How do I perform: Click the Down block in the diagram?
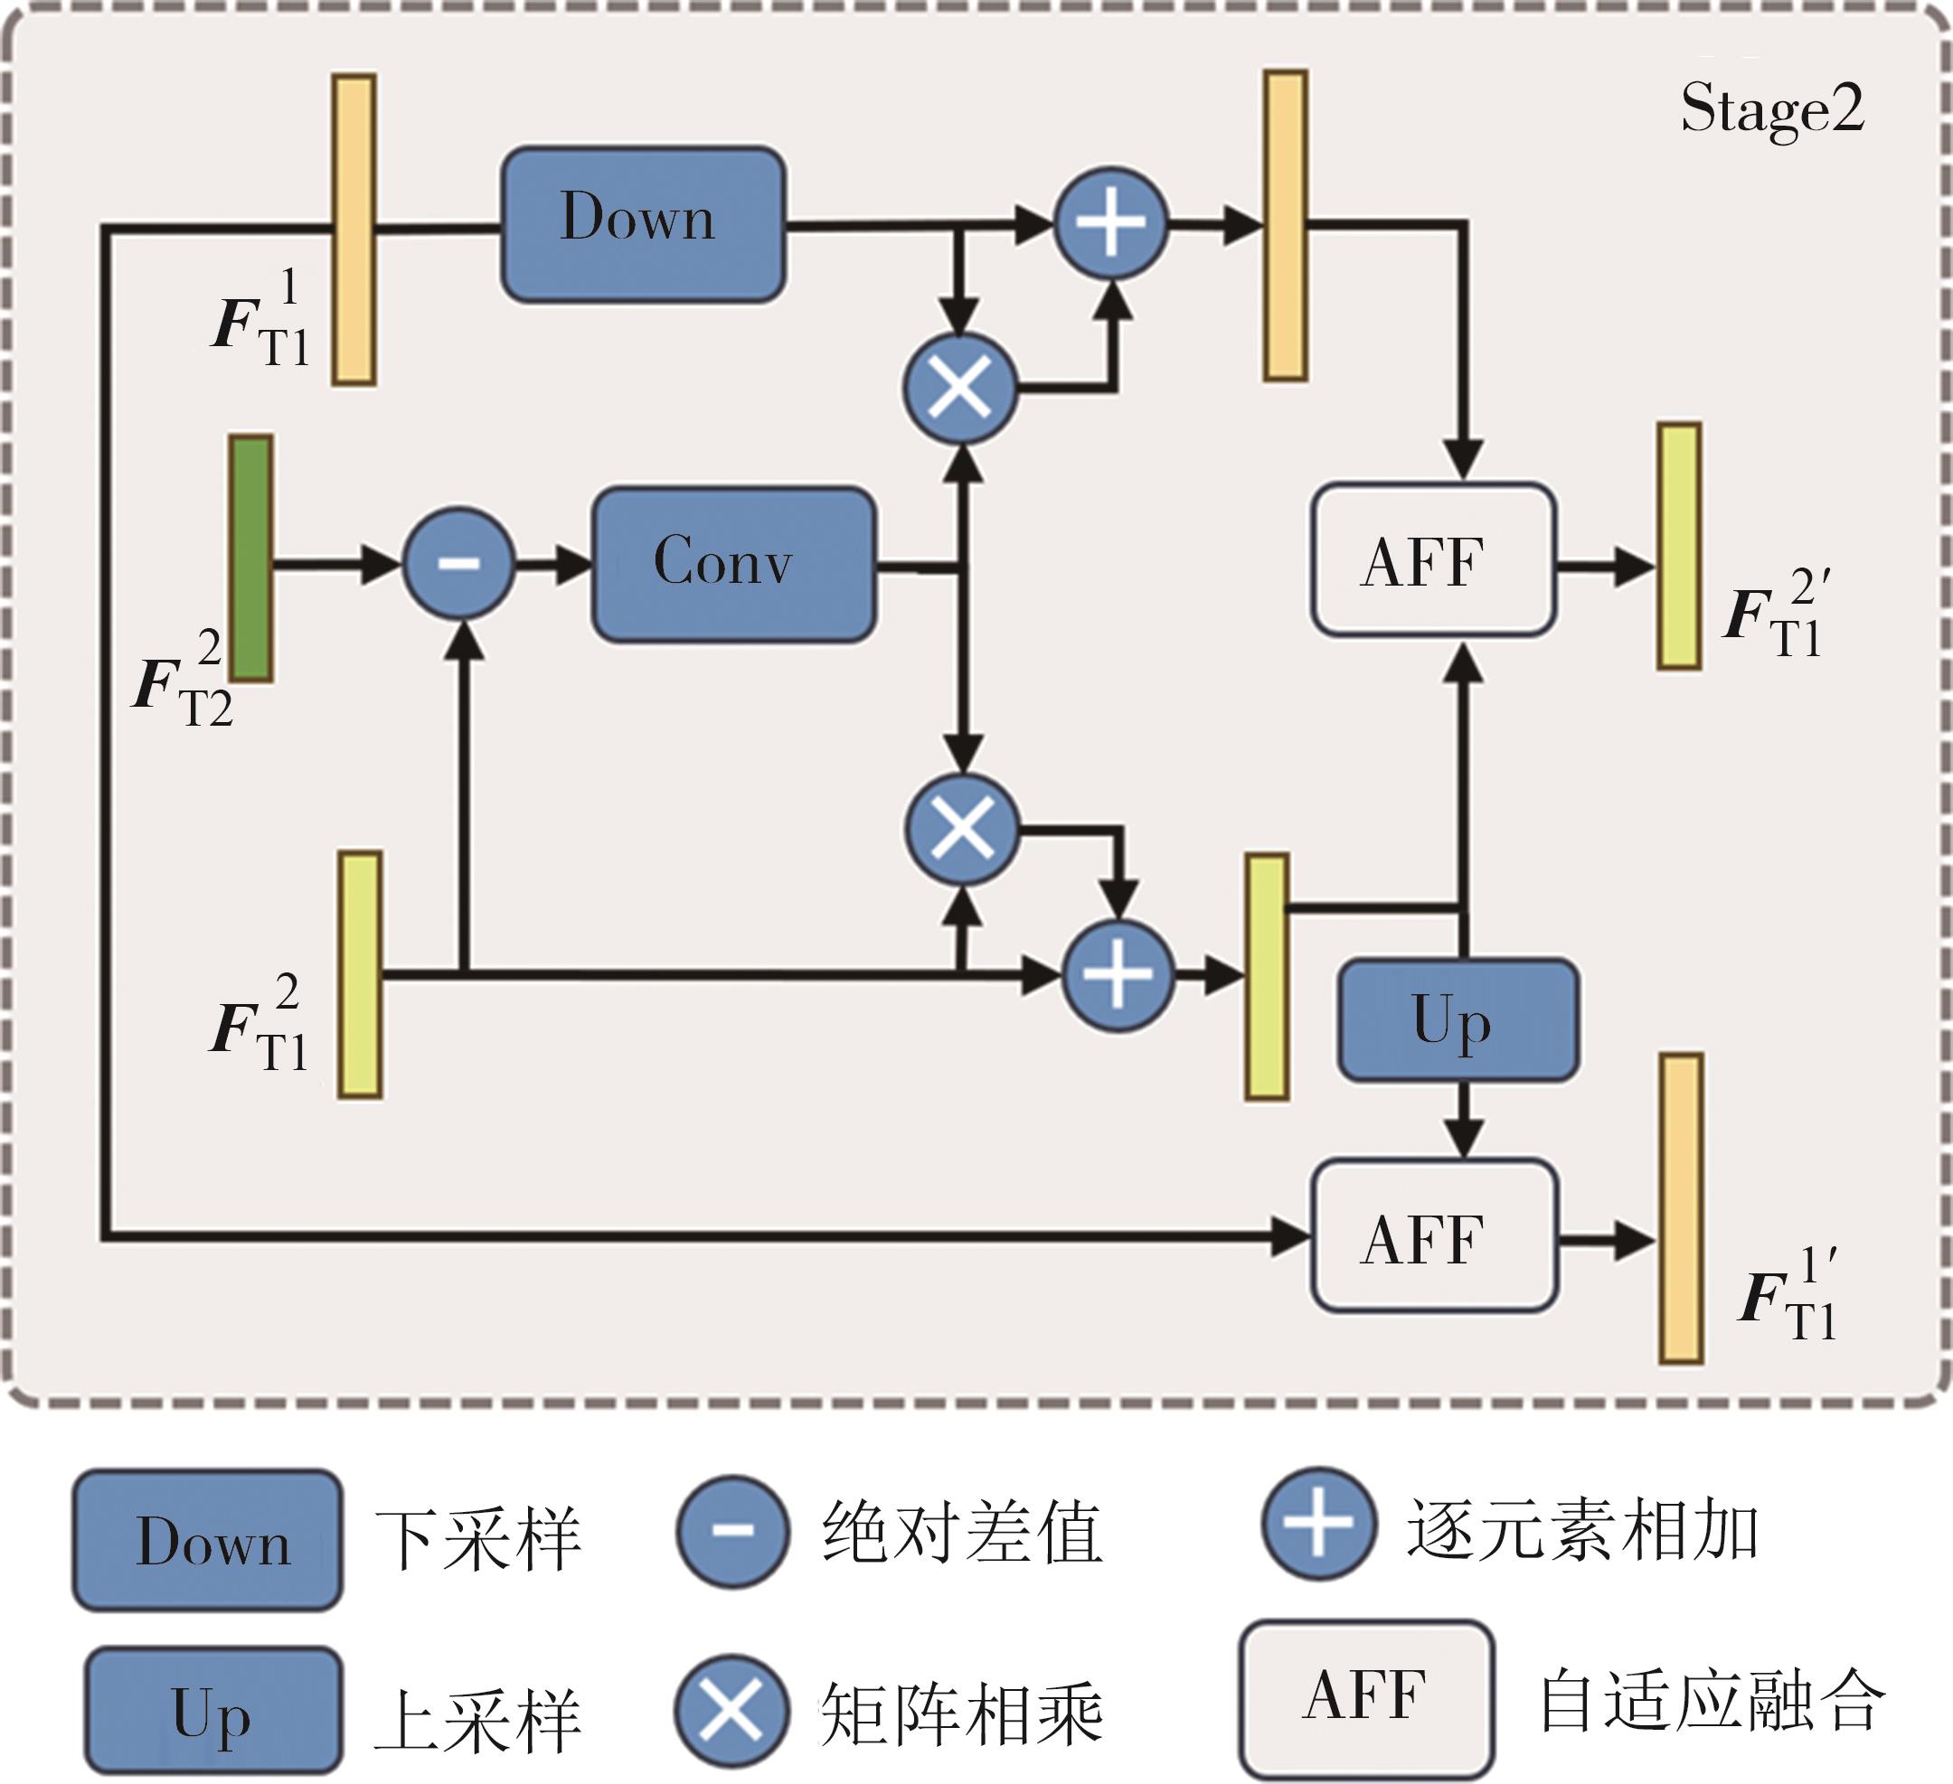(642, 224)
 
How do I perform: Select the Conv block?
(733, 564)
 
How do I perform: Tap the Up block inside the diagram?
(1458, 1019)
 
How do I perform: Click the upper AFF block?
(1433, 559)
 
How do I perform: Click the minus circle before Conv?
(458, 562)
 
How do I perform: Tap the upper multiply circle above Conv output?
(960, 389)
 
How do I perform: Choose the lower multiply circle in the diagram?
(962, 829)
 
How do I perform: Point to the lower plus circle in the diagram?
(1118, 974)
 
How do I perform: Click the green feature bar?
(251, 559)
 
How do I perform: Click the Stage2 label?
(1772, 108)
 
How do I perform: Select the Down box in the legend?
(207, 1541)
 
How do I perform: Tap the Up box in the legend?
(213, 1711)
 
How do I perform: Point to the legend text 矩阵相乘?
(962, 1713)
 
